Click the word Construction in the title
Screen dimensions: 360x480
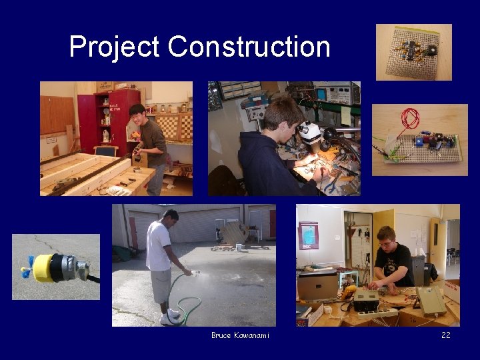coord(249,47)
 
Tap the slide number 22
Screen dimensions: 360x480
coord(445,335)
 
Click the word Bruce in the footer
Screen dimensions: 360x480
coord(221,335)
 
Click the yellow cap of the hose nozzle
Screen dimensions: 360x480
coord(45,267)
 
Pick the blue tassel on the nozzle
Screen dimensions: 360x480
coord(26,272)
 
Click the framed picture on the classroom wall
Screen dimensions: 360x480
coord(308,235)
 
